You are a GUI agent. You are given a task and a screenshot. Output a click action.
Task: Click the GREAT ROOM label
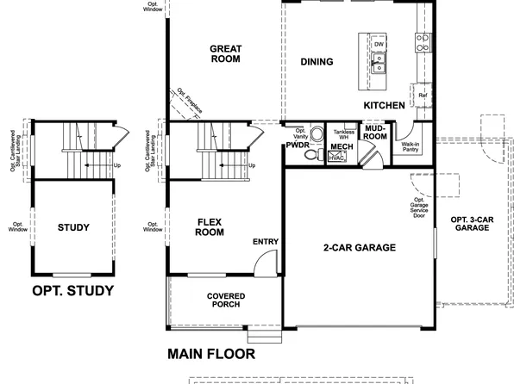pos(225,54)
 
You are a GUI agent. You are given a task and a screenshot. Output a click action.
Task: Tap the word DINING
pos(317,62)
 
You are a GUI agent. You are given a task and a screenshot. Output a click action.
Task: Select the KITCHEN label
pos(384,105)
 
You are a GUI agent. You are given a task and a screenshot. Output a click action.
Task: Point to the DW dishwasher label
pos(379,43)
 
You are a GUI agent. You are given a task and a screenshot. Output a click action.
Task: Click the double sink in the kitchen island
pos(379,61)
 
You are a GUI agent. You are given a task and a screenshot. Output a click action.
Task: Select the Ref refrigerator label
pos(423,96)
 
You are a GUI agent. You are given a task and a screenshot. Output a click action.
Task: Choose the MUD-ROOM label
pos(374,132)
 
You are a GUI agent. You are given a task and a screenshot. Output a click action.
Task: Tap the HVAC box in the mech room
pos(337,158)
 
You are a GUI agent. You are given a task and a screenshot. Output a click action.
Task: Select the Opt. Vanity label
pos(300,133)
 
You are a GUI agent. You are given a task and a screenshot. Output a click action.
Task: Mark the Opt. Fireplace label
pos(190,101)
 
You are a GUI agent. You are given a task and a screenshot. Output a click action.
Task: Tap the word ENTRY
pos(266,242)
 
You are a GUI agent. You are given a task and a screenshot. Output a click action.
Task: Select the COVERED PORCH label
pos(225,300)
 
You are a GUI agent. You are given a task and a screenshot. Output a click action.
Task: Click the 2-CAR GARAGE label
pos(359,248)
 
